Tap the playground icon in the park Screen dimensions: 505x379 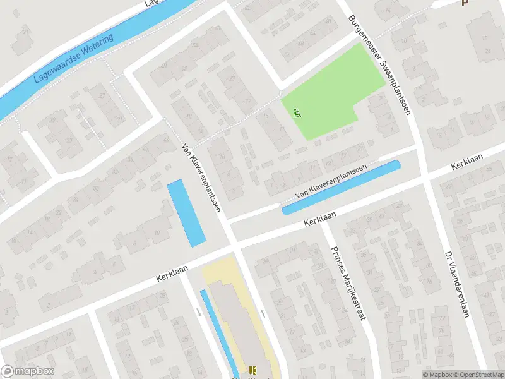(x=298, y=114)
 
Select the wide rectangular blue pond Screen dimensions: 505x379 (x=186, y=212)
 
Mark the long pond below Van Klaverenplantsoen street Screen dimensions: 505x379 (x=341, y=188)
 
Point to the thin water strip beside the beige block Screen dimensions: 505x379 (x=218, y=332)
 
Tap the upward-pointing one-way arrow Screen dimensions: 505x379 (x=263, y=313)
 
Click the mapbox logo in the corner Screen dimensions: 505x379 (x=28, y=371)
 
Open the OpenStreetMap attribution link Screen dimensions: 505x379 (x=477, y=375)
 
